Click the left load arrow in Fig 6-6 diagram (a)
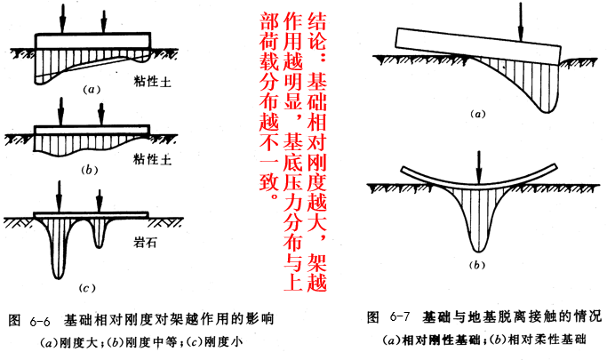tap(62, 18)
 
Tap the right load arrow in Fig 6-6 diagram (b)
tap(101, 114)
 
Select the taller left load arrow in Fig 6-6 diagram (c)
tap(59, 196)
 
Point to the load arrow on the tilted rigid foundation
tap(521, 22)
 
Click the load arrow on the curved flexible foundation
tap(479, 167)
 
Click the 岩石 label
tap(144, 243)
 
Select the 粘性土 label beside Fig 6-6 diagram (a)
tap(153, 82)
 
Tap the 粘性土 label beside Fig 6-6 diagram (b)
tap(153, 159)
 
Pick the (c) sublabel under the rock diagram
tap(87, 288)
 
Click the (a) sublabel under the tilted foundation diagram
tap(477, 114)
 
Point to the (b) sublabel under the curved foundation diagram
tap(477, 265)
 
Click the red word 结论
tap(316, 32)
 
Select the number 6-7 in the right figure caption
tap(400, 317)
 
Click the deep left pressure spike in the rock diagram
tap(58, 248)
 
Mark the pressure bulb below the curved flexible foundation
tap(478, 217)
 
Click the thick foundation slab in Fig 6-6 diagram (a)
tap(93, 41)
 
